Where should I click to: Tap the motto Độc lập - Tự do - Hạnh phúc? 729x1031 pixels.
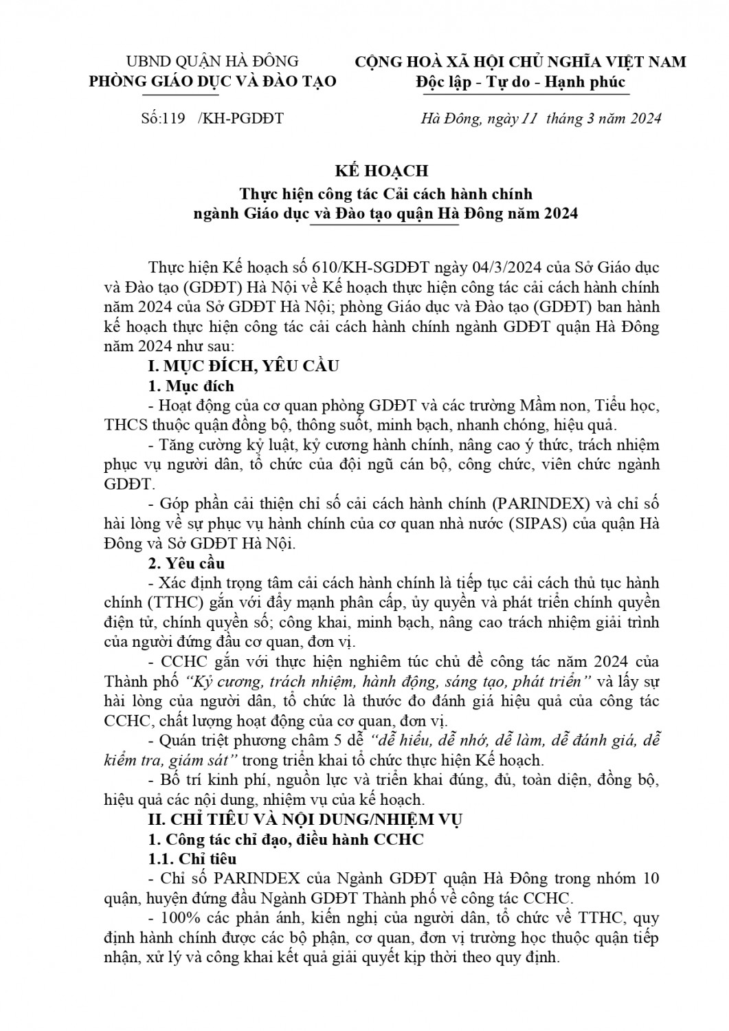(x=520, y=82)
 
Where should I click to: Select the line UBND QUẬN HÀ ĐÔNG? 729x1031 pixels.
(x=214, y=61)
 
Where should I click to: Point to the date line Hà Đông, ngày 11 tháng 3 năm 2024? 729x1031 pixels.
(x=540, y=119)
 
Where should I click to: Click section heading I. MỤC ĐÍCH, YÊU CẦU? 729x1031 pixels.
(x=244, y=366)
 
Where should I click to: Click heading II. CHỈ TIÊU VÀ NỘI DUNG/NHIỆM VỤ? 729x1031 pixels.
(x=306, y=819)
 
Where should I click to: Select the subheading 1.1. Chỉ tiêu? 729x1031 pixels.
(x=192, y=859)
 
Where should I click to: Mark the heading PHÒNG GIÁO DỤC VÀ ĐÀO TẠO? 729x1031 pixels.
(x=214, y=81)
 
